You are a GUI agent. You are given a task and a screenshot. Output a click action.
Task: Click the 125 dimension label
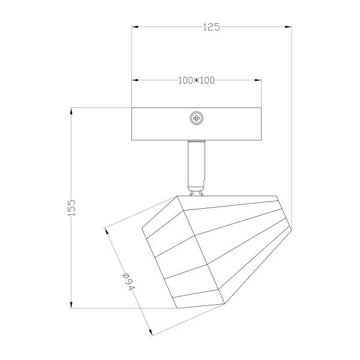coord(211,27)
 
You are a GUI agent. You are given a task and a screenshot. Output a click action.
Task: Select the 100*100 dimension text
coord(196,80)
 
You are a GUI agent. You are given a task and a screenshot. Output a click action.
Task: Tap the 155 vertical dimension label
coord(71,208)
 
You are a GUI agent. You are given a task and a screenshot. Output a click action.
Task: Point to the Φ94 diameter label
coord(128,282)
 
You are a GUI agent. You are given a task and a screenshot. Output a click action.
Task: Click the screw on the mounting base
coord(197,118)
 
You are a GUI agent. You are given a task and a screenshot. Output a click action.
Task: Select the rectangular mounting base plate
coord(196,124)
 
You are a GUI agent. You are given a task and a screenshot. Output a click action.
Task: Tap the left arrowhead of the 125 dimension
coord(135,27)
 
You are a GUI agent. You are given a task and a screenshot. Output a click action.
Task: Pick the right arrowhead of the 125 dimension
coord(288,27)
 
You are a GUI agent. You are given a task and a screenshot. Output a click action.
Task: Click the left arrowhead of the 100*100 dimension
coord(135,80)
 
